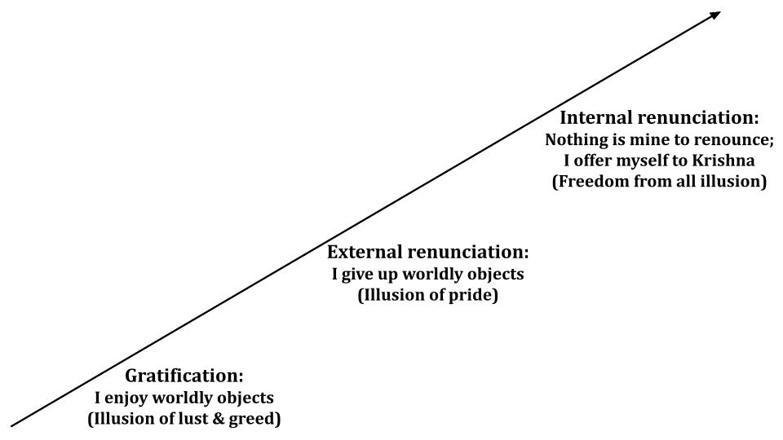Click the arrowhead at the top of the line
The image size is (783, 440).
coord(714,15)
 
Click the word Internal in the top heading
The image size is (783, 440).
coord(596,117)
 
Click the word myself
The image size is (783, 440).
coord(651,161)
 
